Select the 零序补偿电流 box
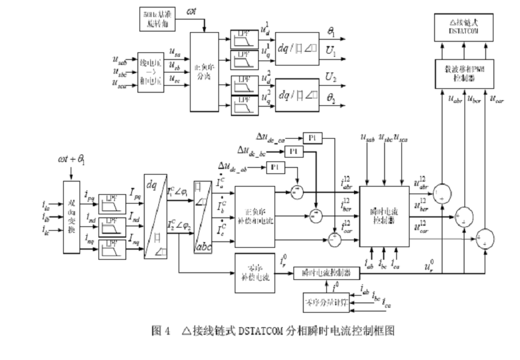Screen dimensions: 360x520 pos(254,272)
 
